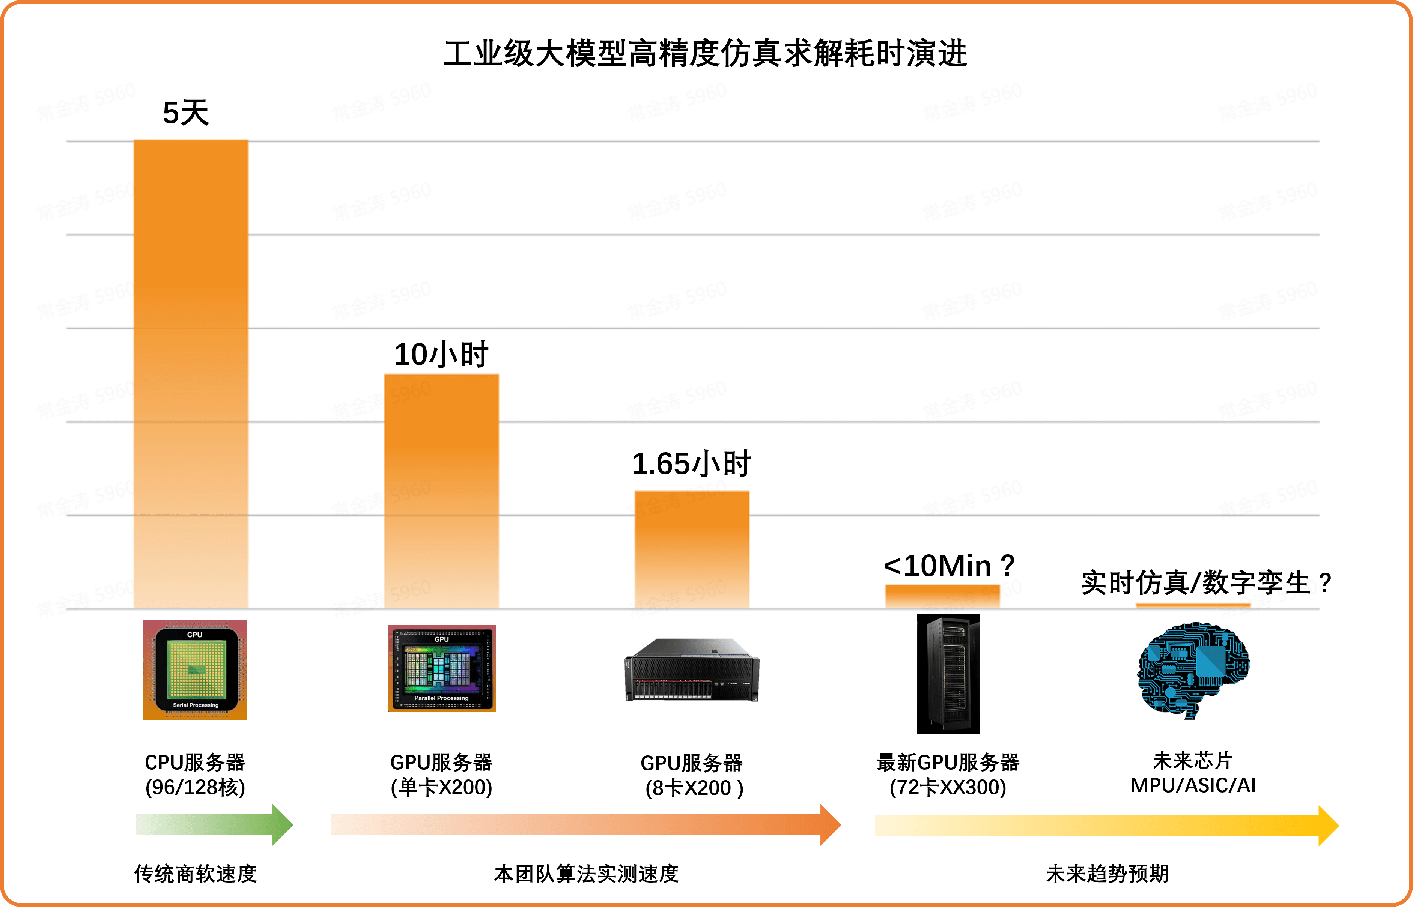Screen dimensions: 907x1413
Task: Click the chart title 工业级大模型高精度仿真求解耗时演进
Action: pos(705,54)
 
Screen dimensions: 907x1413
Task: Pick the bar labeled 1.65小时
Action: pos(691,549)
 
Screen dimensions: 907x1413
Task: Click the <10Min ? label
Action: pos(949,566)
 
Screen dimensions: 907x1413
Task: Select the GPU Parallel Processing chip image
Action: pos(441,668)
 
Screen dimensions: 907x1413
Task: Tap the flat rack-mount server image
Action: pos(691,670)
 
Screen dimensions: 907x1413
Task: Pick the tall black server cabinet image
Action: pos(948,673)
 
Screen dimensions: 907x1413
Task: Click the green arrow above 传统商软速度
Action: pos(214,824)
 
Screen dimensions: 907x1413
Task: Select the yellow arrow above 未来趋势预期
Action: pos(1106,826)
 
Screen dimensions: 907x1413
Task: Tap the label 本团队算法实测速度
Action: pos(586,874)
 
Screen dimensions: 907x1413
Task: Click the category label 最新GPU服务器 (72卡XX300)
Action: pos(948,775)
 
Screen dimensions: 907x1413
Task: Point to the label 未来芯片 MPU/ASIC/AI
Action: pos(1193,773)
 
